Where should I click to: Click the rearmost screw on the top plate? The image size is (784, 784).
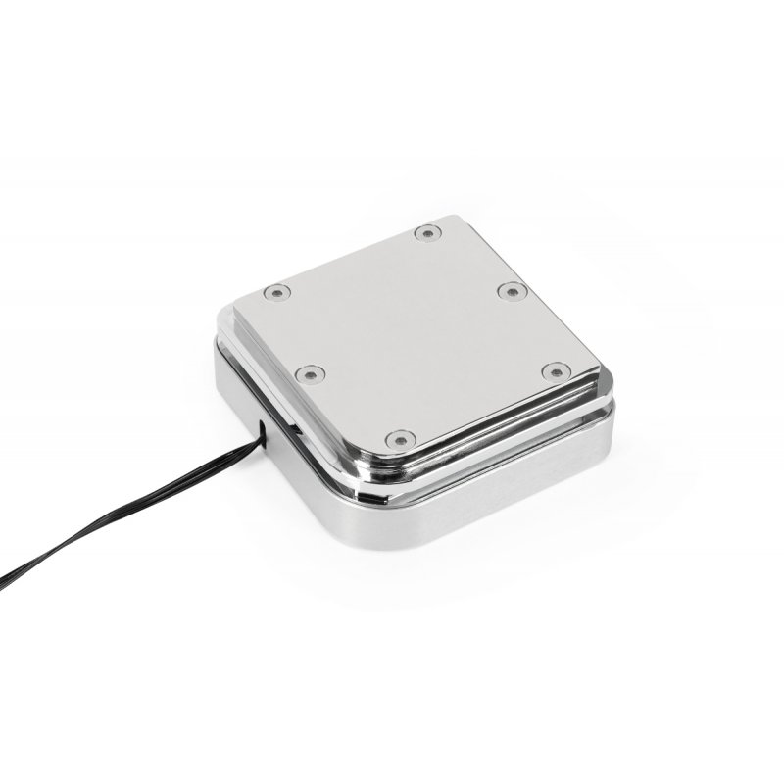[x=426, y=233]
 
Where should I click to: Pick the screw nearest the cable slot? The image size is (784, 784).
[x=311, y=372]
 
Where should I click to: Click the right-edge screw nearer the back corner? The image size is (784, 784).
[x=507, y=291]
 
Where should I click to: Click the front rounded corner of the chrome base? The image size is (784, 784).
[x=363, y=529]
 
